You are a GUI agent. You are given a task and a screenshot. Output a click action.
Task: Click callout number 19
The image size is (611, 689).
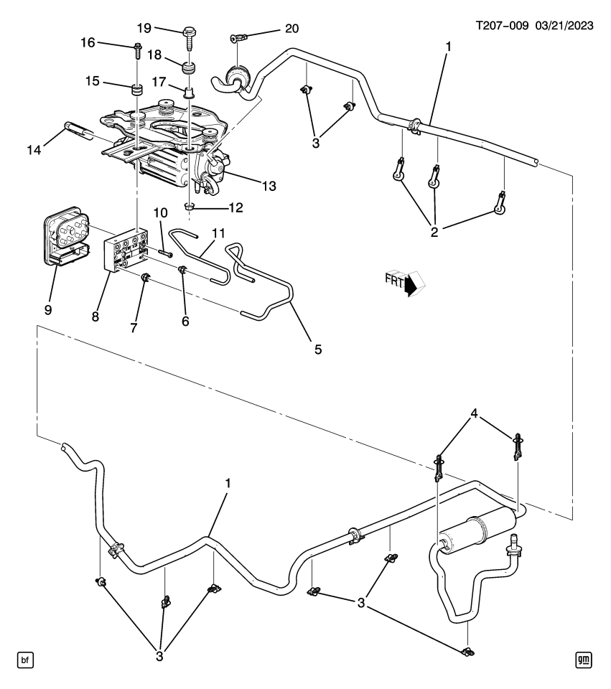tap(144, 28)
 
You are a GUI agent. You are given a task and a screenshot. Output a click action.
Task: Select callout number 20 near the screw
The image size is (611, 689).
tap(291, 29)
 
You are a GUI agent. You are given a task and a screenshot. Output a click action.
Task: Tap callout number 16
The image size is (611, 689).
tap(88, 43)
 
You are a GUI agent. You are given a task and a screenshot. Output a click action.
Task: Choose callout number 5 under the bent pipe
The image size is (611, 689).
tap(317, 350)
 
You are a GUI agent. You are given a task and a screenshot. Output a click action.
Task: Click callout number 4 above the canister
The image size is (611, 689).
tap(475, 413)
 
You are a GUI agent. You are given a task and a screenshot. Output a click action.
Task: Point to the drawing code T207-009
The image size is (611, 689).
tap(503, 25)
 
